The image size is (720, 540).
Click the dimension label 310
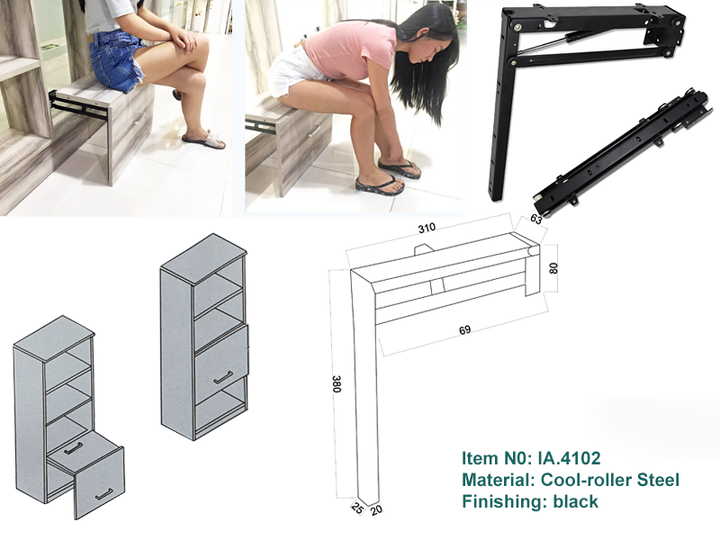(427, 228)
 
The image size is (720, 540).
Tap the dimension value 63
(535, 219)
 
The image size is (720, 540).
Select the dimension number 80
(553, 268)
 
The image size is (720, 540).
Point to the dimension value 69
(464, 329)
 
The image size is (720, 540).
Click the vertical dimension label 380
(336, 384)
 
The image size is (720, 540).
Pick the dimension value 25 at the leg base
(357, 507)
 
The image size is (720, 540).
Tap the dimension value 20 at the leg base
(376, 508)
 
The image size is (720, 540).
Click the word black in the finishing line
(576, 501)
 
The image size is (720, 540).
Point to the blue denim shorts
(117, 61)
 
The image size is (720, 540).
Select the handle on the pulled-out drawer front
(103, 494)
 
